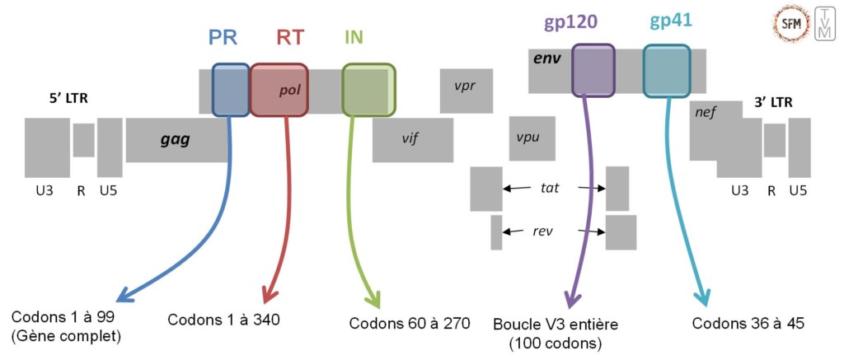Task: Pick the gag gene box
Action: pyautogui.click(x=176, y=139)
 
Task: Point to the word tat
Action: pyautogui.click(x=550, y=188)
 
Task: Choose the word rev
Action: pyautogui.click(x=542, y=231)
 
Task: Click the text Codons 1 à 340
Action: pyautogui.click(x=218, y=320)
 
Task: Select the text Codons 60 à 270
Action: pyautogui.click(x=409, y=322)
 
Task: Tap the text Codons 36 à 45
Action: pyautogui.click(x=748, y=322)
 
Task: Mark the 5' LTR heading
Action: pyautogui.click(x=68, y=100)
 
